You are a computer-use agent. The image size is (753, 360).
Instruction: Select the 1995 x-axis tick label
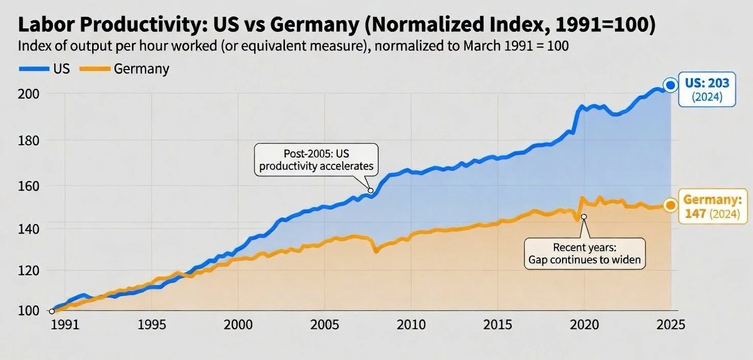tap(151, 325)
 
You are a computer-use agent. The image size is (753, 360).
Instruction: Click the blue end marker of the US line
tap(670, 85)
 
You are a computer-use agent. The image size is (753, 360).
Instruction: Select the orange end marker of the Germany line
tap(670, 205)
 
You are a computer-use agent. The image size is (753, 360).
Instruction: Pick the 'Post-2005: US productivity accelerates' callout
tap(316, 160)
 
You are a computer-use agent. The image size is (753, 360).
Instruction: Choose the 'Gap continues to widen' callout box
tap(584, 253)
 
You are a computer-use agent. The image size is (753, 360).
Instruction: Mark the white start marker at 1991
tap(52, 310)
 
